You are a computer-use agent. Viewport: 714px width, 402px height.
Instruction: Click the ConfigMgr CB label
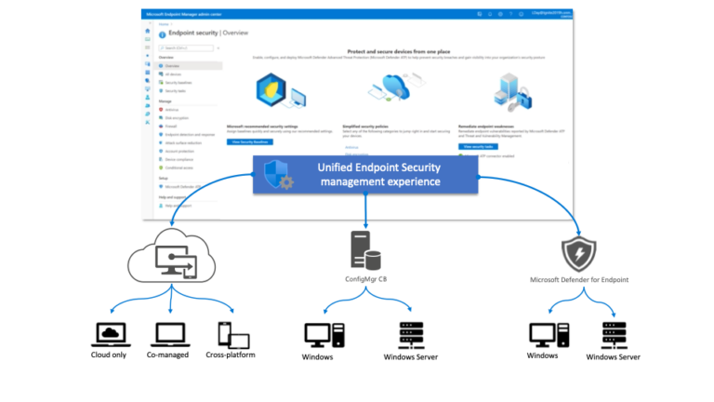364,281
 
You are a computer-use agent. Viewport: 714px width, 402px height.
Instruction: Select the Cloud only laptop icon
111,333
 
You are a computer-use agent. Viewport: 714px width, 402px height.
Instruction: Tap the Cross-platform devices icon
226,333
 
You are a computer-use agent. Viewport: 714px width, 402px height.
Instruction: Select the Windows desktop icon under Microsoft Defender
542,334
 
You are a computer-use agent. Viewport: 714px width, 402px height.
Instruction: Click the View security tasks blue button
477,146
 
